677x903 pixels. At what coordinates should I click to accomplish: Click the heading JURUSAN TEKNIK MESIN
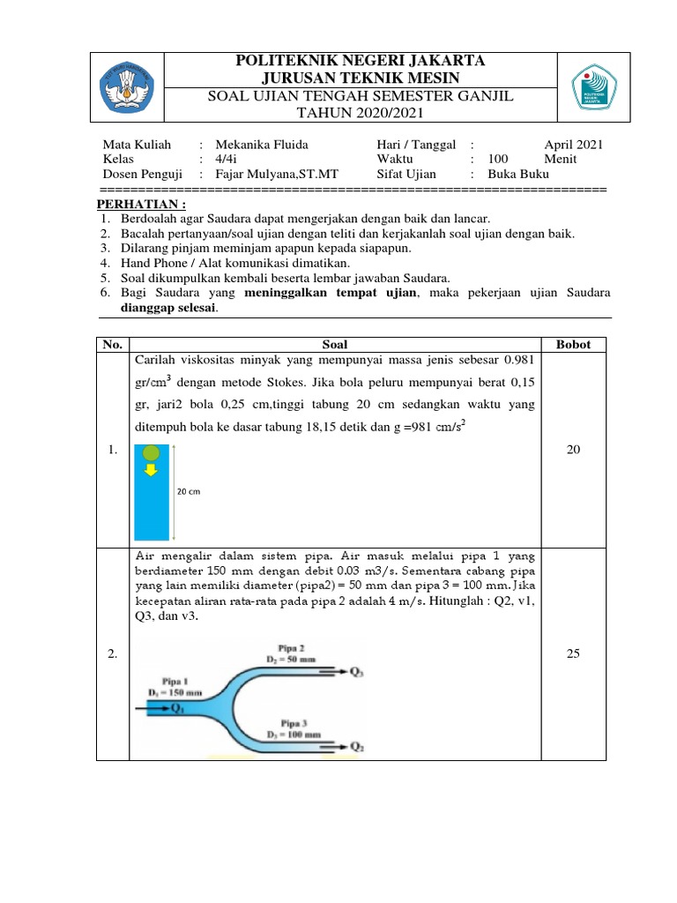click(360, 78)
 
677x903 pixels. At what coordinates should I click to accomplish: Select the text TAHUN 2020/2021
click(360, 113)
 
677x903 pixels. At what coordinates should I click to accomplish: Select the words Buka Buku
click(517, 175)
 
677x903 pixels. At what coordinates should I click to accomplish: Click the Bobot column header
click(573, 345)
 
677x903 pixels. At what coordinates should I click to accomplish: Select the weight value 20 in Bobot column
click(573, 450)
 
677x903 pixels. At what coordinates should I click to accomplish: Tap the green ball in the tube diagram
click(151, 453)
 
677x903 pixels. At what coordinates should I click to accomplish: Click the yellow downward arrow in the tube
click(151, 471)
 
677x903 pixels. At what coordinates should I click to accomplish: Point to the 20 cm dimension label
click(190, 492)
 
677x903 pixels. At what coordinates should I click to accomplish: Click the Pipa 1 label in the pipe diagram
click(165, 682)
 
